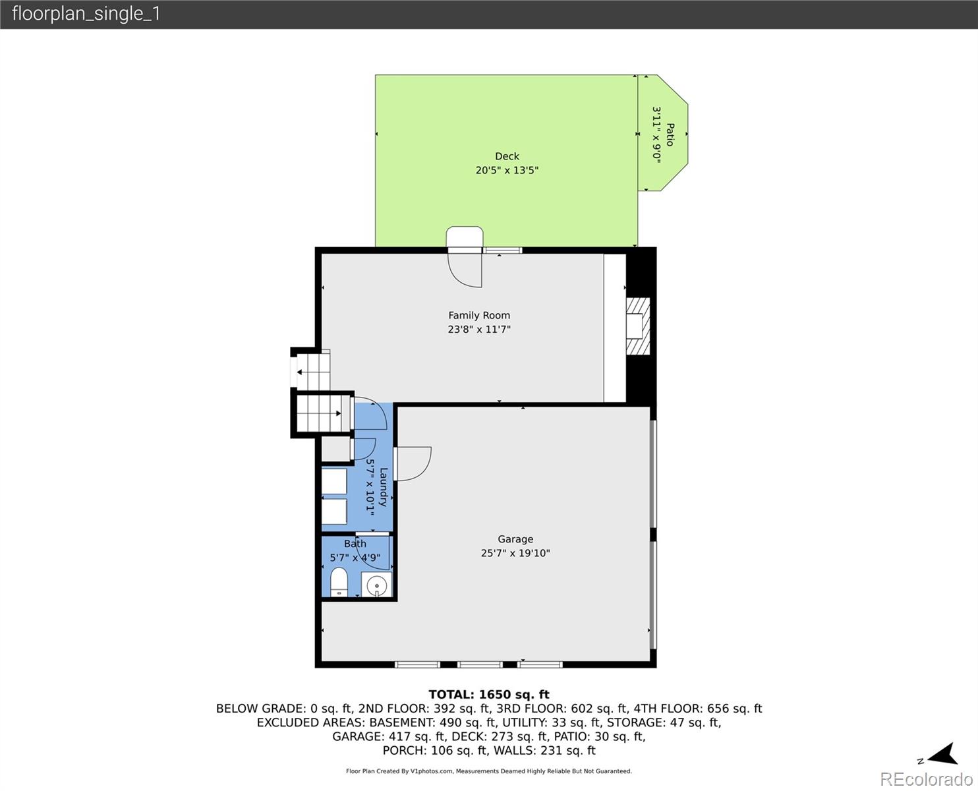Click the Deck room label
[507, 156]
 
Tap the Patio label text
[670, 134]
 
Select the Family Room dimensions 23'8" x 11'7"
[479, 329]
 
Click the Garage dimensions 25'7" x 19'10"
[515, 553]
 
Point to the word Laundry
[384, 487]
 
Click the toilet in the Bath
[339, 582]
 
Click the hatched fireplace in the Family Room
[638, 326]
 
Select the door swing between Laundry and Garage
[413, 463]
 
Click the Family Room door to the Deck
[465, 268]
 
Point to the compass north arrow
[942, 754]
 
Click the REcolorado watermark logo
[926, 779]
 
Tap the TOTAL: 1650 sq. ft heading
[489, 695]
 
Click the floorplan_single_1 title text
[86, 14]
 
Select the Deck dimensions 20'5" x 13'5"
[507, 170]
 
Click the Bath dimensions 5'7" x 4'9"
[355, 558]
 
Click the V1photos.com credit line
[489, 771]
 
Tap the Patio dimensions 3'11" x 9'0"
[656, 134]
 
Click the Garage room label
[515, 539]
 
